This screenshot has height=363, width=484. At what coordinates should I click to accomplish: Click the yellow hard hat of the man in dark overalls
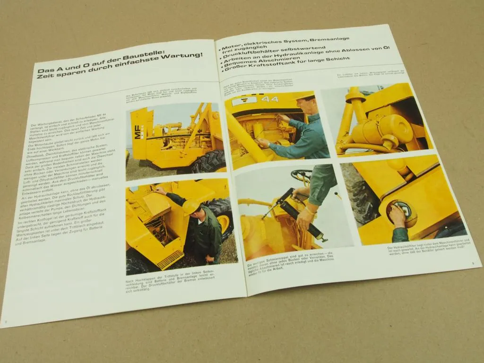(190, 206)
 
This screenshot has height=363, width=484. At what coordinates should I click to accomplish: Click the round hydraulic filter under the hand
(405, 213)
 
